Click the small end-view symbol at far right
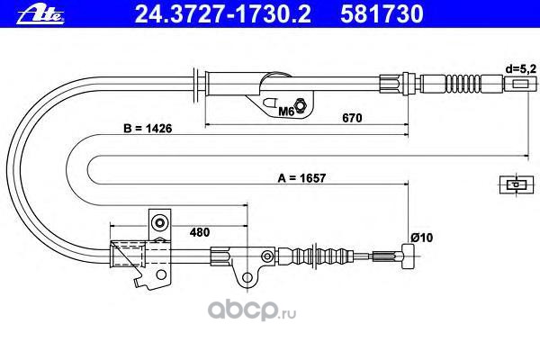pyautogui.click(x=513, y=184)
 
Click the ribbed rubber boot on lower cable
pyautogui.click(x=333, y=256)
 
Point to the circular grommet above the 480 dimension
pyautogui.click(x=160, y=221)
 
